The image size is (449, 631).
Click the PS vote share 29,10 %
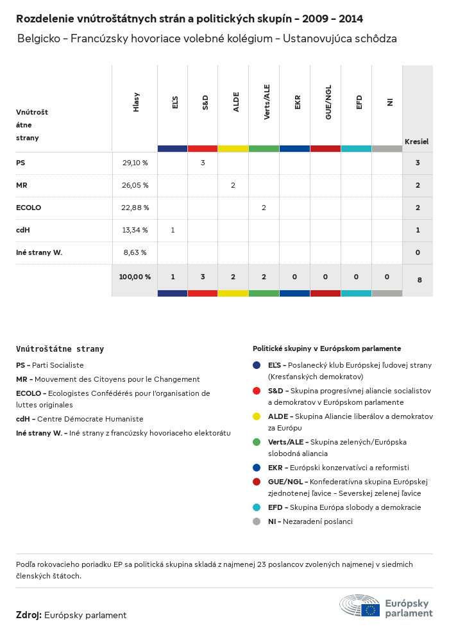point(135,163)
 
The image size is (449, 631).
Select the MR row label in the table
point(22,185)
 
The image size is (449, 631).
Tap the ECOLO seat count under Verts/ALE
point(264,208)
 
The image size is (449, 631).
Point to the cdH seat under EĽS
point(173,230)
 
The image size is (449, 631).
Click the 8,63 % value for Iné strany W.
point(135,252)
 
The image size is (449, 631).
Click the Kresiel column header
point(416,141)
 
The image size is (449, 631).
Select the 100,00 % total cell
point(135,277)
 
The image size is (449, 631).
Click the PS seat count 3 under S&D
point(203,163)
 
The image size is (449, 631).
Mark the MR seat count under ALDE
point(233,185)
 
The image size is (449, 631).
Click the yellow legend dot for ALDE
point(257,416)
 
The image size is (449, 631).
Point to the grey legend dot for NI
point(257,521)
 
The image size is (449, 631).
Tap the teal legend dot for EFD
point(257,507)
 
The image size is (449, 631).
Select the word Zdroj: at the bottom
point(29,615)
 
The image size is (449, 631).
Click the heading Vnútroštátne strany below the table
point(60,349)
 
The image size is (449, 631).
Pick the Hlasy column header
point(137,102)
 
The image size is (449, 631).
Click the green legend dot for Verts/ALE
point(257,442)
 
